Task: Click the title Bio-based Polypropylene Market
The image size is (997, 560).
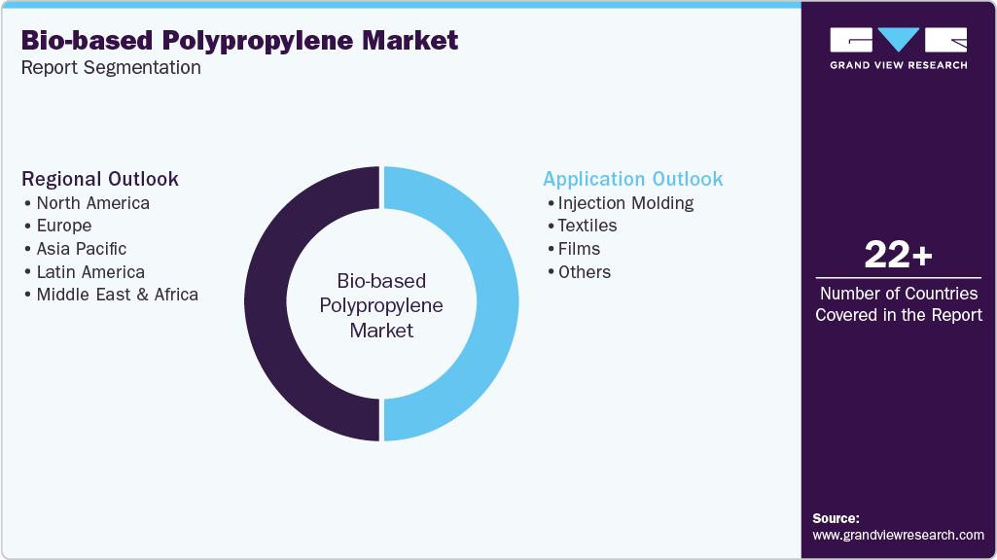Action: (239, 41)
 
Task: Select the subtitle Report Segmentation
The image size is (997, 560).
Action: (111, 67)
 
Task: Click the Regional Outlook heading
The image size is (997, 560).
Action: (100, 179)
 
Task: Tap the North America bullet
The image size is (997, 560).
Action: (92, 203)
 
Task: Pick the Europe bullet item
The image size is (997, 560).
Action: (63, 226)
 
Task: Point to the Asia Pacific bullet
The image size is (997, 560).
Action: (81, 249)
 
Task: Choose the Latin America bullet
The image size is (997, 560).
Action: (89, 272)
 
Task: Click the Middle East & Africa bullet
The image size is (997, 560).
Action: (117, 295)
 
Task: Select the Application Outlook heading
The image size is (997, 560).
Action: (632, 179)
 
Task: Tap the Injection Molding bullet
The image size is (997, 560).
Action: (625, 203)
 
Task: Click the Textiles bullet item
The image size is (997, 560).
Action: (587, 226)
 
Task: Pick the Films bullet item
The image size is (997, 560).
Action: (579, 249)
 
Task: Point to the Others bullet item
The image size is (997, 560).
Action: (584, 272)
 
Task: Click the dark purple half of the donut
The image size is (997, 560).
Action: (265, 303)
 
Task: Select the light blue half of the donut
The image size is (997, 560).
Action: (498, 303)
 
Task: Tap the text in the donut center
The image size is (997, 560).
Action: (381, 305)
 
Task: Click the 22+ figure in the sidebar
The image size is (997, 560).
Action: (899, 256)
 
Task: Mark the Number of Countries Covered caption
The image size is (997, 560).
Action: (899, 303)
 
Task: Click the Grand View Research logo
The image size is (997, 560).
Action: (899, 48)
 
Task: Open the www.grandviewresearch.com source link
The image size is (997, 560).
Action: (898, 535)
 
